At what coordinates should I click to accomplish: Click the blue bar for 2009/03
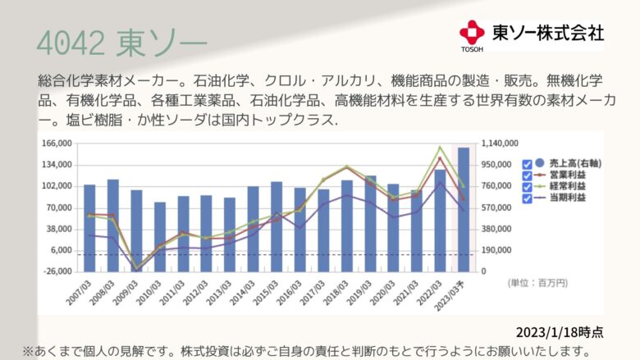tap(136, 230)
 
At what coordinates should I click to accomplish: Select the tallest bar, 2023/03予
tap(464, 210)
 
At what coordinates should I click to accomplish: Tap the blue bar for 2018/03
tap(347, 226)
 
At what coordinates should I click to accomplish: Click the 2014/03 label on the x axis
tap(242, 293)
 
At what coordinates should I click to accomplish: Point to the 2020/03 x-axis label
tap(383, 293)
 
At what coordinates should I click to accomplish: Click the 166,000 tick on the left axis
tap(57, 144)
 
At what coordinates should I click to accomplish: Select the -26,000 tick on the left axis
tap(57, 271)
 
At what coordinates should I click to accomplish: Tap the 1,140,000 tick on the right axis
tap(500, 144)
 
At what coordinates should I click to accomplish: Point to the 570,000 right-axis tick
tap(496, 207)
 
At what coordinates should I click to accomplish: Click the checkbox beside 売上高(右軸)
tap(527, 164)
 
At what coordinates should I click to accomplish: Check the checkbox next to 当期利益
tap(527, 198)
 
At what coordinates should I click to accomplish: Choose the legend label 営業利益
tap(567, 175)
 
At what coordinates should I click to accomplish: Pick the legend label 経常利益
tap(567, 186)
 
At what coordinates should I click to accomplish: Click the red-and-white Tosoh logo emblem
tap(472, 33)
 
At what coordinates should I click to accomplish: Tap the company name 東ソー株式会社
tap(548, 33)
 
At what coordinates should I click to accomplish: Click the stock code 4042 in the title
tap(71, 43)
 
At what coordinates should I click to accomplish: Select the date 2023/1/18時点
tap(560, 332)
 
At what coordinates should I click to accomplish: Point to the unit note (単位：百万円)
tap(537, 283)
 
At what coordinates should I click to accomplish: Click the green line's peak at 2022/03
tap(440, 147)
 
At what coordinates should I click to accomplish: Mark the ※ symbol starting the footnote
tap(28, 351)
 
